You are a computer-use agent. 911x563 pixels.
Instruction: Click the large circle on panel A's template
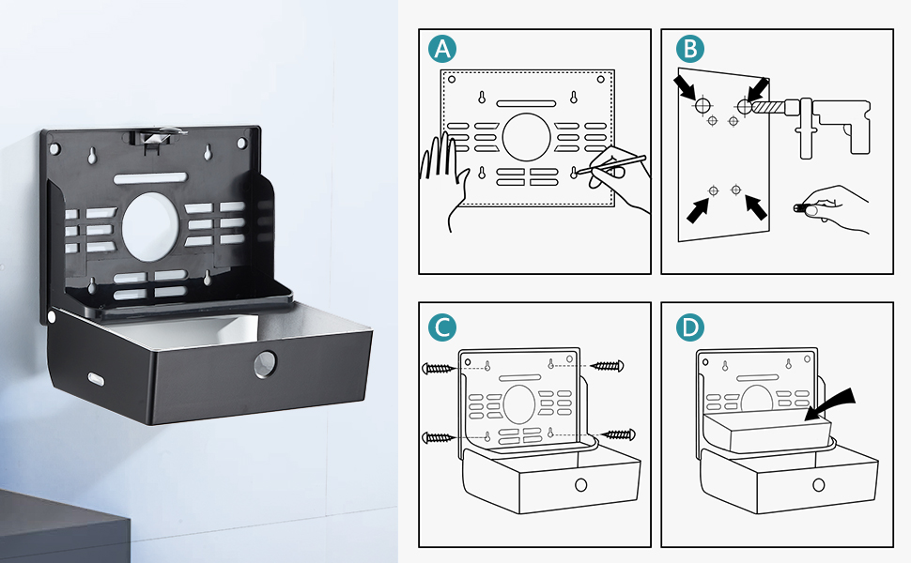[527, 137]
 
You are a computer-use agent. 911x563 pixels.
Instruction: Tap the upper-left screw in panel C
[438, 366]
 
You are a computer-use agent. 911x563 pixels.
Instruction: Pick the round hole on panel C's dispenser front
[580, 486]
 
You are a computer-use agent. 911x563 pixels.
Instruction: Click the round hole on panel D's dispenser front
[819, 486]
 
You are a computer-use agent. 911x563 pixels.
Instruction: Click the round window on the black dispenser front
[266, 364]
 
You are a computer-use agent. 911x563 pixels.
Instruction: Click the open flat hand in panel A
[449, 178]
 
